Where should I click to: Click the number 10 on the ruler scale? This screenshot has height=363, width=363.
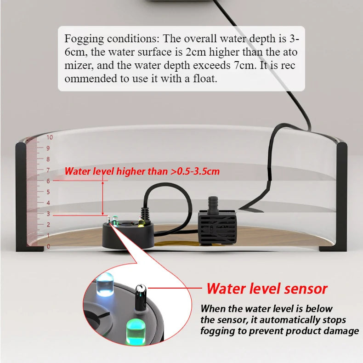point(50,137)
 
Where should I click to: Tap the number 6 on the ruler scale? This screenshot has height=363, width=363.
point(48,181)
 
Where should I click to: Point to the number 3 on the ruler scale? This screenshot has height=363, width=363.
point(48,214)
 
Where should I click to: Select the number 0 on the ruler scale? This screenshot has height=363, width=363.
point(48,246)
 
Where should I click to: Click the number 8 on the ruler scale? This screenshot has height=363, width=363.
point(48,159)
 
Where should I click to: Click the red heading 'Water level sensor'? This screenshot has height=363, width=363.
point(267,289)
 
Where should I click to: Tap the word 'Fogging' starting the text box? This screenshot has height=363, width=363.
point(84,39)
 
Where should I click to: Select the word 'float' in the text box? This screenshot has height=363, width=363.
point(205,79)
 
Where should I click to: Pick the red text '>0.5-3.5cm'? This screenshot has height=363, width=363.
point(195,171)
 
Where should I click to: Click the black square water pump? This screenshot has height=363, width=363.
point(217,227)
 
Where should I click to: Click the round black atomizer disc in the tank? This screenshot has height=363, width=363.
point(128,233)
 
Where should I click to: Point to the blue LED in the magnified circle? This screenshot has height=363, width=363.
point(105,284)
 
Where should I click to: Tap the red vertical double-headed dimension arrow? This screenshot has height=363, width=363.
point(103,199)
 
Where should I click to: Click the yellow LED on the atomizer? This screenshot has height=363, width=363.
point(141,223)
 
